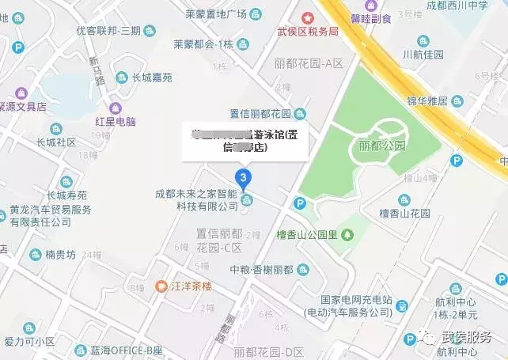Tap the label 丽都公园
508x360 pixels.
click(x=381, y=146)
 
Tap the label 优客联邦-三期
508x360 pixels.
click(x=108, y=31)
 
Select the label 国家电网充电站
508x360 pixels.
click(x=355, y=300)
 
